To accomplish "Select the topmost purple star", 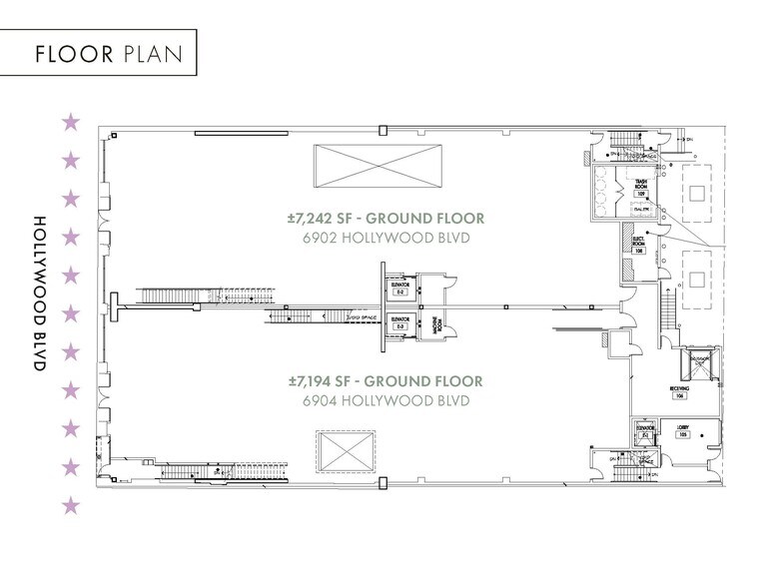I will [x=71, y=122].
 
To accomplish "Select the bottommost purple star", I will [x=71, y=506].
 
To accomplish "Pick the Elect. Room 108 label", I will [x=639, y=243].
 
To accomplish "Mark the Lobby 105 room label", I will [x=684, y=432].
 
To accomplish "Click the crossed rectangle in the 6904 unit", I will [x=347, y=454].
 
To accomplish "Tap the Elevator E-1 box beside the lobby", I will [x=646, y=433].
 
